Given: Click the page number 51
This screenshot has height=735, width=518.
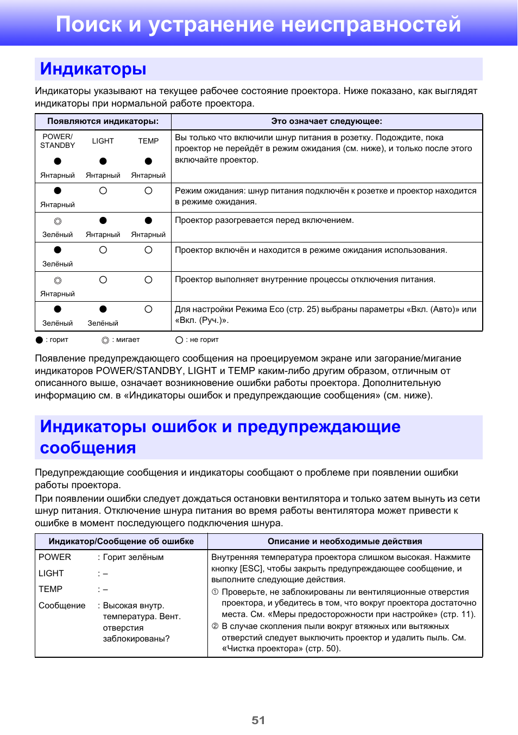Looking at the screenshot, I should tap(258, 720).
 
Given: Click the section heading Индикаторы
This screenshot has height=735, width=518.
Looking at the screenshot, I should tap(93, 69).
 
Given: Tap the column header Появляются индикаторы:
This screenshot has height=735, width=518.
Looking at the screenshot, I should tap(103, 121).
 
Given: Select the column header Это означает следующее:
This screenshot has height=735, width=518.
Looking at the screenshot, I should tap(326, 121).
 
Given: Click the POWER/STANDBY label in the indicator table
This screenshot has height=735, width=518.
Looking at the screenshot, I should tap(58, 141).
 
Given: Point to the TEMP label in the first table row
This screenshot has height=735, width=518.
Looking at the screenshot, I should tap(148, 141).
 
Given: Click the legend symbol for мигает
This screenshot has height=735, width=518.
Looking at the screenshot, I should tap(105, 340).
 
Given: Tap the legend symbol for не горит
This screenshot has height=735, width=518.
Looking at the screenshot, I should tap(179, 340).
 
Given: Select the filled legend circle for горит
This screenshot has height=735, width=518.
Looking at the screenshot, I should tap(39, 340).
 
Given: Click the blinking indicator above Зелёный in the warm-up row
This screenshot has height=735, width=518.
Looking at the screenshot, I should tap(58, 221).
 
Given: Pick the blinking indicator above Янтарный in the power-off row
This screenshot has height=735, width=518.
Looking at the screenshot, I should tap(58, 281).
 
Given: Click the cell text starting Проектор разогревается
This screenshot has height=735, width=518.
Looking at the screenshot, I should tap(264, 220).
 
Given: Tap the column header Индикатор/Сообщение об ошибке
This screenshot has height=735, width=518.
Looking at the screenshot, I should tap(121, 541).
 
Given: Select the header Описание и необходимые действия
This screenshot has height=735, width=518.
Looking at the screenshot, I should tap(345, 541).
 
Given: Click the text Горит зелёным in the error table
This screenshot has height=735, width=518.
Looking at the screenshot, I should tap(133, 557).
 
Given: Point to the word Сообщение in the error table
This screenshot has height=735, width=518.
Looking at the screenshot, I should tap(62, 606).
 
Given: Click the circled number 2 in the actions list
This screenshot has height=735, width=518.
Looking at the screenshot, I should tap(215, 626).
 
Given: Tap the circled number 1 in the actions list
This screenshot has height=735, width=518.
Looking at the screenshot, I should tap(215, 592).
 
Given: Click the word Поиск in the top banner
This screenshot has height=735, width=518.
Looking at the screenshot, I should tap(89, 24).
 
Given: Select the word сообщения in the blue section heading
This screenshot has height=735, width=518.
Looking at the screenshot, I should tap(88, 448).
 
